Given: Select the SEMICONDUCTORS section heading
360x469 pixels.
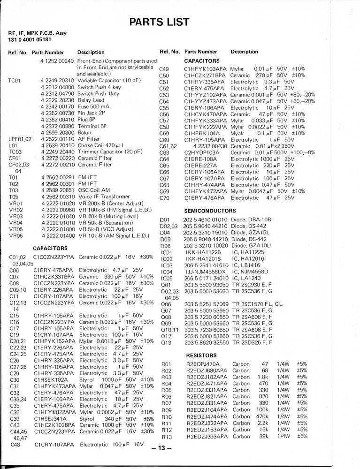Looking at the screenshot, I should (210, 211).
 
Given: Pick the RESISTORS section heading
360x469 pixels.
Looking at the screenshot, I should (201, 355).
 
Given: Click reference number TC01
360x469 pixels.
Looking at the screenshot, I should (15, 81).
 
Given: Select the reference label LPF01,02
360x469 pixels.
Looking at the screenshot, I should (20, 139).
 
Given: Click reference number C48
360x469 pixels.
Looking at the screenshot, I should (15, 444).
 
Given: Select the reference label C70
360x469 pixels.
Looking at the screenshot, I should (164, 198).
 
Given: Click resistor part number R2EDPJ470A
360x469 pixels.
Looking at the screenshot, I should (203, 364).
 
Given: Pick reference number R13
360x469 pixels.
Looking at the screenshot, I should (167, 437).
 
